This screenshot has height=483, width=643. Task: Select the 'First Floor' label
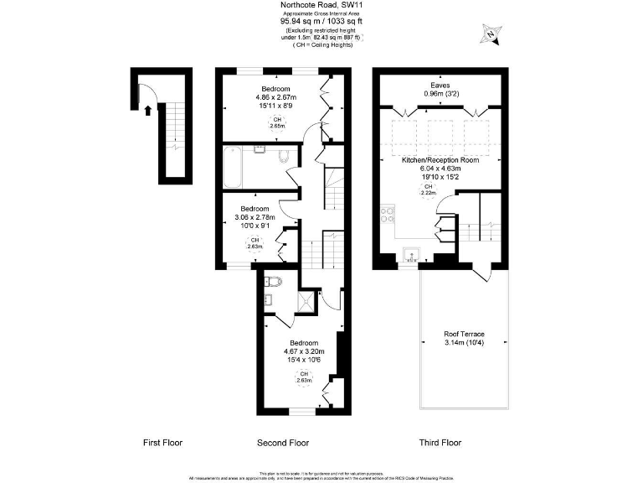point(162,442)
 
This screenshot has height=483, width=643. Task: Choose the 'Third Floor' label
point(440,442)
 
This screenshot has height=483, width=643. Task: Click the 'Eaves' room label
point(440,85)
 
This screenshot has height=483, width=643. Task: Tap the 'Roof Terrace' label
point(464,334)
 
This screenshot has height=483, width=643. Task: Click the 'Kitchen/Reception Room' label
point(440,159)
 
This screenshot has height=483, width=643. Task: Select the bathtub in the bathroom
point(233,168)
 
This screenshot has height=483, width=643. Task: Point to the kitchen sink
point(409,252)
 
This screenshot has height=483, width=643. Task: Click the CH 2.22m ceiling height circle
point(428,190)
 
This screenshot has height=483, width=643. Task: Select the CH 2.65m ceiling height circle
point(275,123)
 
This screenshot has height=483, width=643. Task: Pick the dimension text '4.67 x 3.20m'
point(303,351)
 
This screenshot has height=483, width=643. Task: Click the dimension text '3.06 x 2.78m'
point(255,217)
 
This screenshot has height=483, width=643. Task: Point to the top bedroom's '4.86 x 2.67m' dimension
point(276,97)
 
